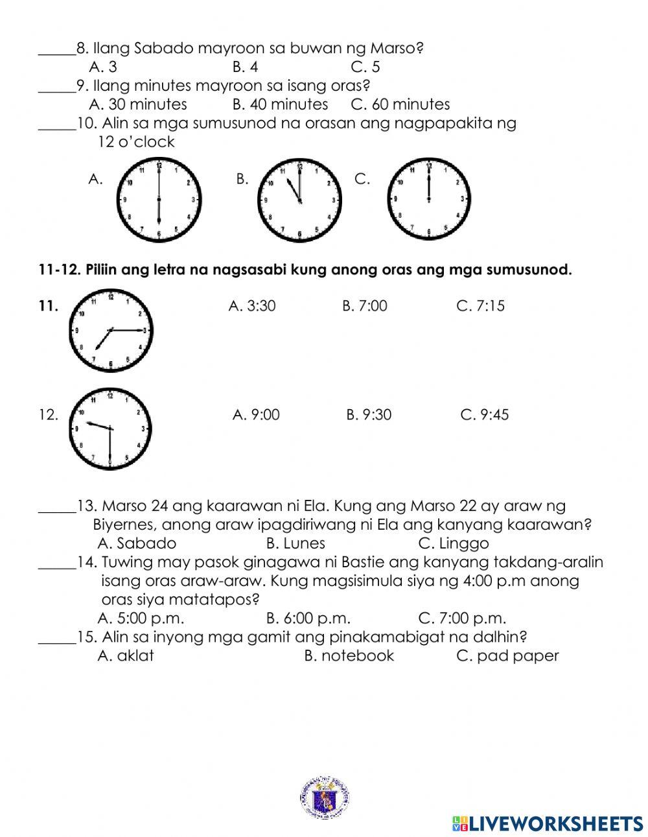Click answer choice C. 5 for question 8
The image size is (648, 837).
pos(365,67)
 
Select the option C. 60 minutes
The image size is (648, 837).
pos(400,104)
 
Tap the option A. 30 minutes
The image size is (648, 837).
pos(138,104)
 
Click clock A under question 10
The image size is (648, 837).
pos(159,200)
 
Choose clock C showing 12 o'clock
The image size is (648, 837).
pos(428,198)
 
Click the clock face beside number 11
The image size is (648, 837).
pos(111,331)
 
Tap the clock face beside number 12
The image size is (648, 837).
pos(110,429)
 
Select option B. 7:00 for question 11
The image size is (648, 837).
pos(364,306)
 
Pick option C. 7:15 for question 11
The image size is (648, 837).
pos(480,306)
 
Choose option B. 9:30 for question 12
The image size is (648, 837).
pos(369,415)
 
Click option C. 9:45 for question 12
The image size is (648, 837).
pos(484,415)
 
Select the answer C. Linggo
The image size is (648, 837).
pos(454,543)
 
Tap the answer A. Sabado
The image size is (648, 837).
pos(137,543)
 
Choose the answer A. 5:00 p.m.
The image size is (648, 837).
pos(141,618)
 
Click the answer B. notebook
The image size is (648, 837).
pos(349,655)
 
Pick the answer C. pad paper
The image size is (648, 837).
pos(507,655)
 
